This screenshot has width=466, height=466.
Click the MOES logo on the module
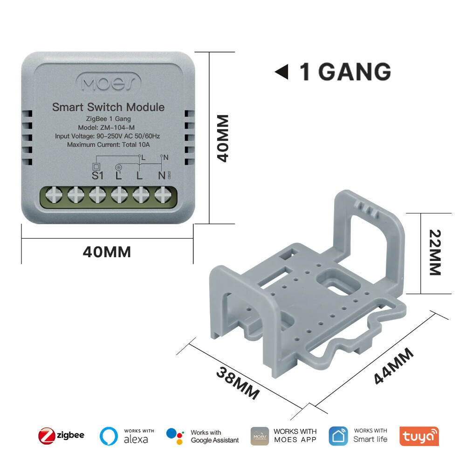[x=108, y=83]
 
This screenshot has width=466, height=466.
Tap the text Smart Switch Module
[x=108, y=107]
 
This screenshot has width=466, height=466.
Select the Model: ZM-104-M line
[x=108, y=128]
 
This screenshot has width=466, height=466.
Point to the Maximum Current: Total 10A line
[x=108, y=144]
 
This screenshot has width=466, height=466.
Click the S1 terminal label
[x=97, y=176]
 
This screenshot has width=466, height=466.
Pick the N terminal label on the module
[x=162, y=176]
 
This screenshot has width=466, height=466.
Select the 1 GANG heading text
[x=345, y=72]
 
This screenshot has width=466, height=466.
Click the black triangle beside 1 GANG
[x=281, y=72]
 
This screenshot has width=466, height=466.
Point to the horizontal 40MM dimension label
[x=107, y=252]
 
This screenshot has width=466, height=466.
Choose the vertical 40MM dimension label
[x=224, y=138]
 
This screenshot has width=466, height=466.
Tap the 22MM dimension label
[x=434, y=252]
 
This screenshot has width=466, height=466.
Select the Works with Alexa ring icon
[x=109, y=436]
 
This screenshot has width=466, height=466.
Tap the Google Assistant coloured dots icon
[x=175, y=436]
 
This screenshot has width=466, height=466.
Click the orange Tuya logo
[x=419, y=436]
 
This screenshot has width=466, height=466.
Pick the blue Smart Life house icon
[x=338, y=436]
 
